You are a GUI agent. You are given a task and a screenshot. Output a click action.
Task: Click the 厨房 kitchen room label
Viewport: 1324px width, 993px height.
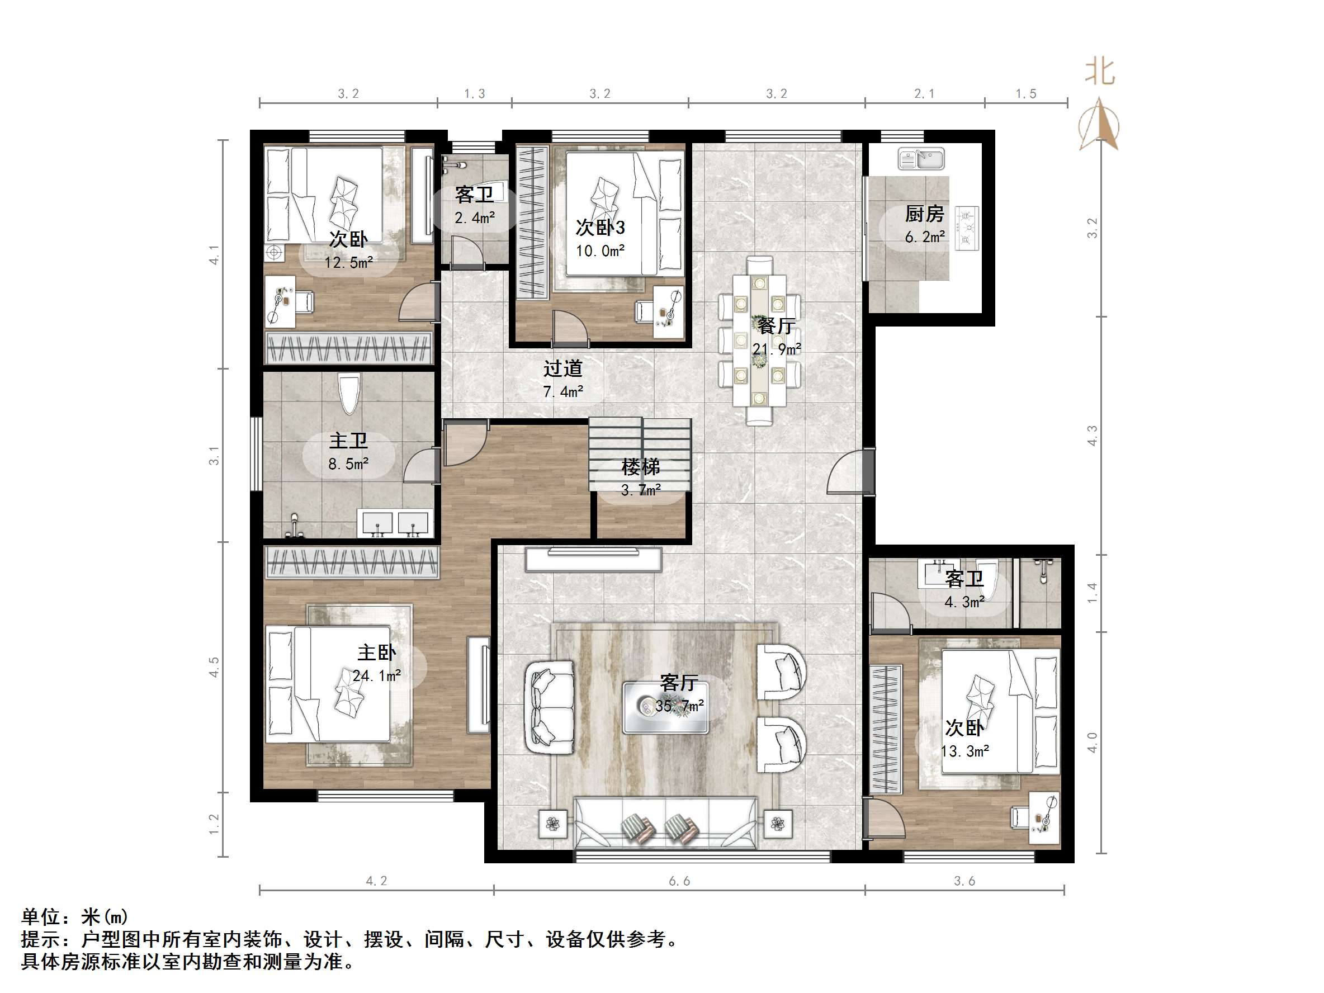(924, 214)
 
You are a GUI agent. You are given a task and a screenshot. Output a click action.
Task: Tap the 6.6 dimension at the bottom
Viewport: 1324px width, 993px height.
(679, 881)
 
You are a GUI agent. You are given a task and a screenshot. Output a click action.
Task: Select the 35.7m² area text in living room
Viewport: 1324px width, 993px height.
(679, 706)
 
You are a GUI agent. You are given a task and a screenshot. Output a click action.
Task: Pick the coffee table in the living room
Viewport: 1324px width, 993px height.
(665, 708)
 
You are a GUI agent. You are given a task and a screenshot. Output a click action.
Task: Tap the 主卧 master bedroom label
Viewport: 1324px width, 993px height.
(376, 652)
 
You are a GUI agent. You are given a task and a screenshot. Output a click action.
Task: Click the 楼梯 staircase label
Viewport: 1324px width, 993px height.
(641, 467)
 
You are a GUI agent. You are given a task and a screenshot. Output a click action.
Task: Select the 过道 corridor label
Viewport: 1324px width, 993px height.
(562, 368)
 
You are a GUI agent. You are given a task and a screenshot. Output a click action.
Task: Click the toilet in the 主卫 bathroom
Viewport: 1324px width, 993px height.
(348, 393)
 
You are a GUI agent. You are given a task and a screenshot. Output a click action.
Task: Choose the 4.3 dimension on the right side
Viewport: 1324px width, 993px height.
(1093, 435)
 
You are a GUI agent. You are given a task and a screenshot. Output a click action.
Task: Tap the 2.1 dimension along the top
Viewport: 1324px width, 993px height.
(924, 93)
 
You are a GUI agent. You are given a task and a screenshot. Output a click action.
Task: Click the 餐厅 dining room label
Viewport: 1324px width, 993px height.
(776, 326)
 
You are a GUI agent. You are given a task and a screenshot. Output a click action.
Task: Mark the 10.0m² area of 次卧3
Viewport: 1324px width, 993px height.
(600, 251)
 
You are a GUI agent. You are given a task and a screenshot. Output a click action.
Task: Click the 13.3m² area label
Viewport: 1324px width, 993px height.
(965, 750)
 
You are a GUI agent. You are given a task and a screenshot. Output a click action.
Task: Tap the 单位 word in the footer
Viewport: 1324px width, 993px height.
(41, 916)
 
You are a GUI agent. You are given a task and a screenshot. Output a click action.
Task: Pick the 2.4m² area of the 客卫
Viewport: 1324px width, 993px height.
(475, 218)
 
